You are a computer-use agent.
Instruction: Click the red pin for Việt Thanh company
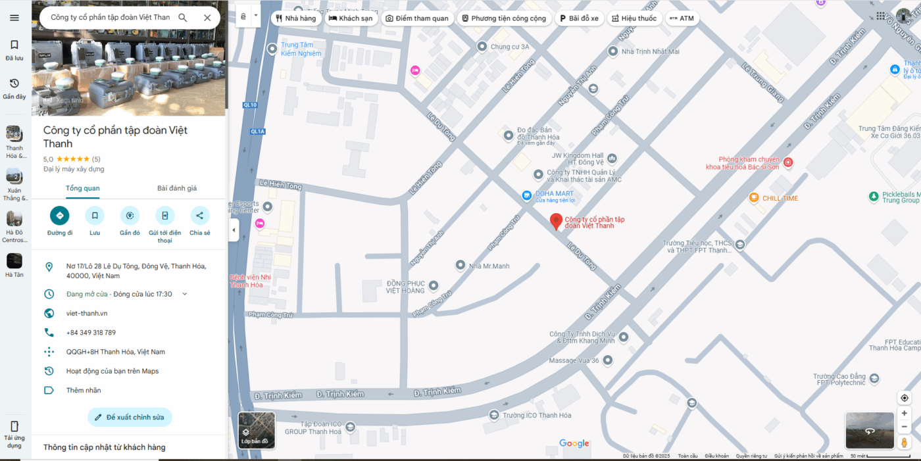coord(556,221)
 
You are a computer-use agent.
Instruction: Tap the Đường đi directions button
coord(60,216)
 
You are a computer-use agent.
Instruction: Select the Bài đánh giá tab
coord(177,188)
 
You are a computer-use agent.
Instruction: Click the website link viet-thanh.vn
coord(87,313)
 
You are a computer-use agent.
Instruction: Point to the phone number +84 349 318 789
coord(91,333)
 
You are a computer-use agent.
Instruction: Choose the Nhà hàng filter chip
coord(296,18)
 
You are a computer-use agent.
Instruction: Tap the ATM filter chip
coord(682,18)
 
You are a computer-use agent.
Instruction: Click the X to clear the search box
coord(207,18)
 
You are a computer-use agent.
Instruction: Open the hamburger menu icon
coord(14,18)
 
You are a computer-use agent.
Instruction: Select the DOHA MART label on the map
coord(554,193)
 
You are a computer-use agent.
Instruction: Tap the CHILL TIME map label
coord(780,198)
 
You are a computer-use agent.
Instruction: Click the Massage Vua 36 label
coord(574,360)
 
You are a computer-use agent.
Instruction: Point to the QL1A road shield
coord(257,132)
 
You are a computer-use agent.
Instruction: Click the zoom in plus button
coord(905,413)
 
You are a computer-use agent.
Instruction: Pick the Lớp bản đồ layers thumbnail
coord(257,430)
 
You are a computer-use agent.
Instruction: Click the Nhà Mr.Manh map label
coord(489,266)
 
